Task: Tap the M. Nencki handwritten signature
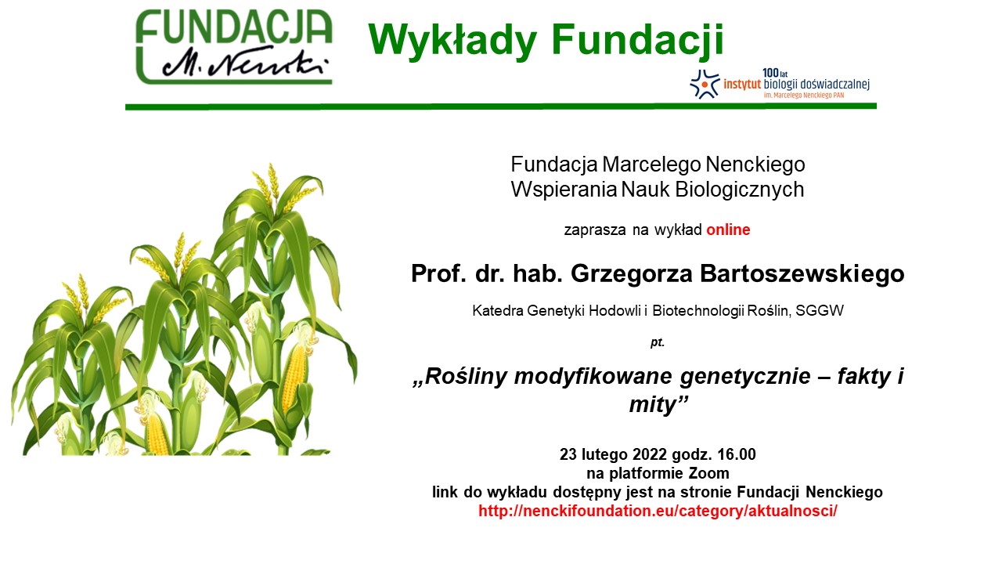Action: coord(245,63)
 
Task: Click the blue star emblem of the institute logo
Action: coord(704,84)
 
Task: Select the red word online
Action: coord(728,230)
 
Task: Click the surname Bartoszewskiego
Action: coord(802,273)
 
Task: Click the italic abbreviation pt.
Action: coord(657,343)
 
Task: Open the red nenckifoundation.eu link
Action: coord(658,511)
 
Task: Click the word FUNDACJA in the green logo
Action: coord(234,26)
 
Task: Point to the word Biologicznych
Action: coord(740,190)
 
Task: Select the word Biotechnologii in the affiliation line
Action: coord(697,310)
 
